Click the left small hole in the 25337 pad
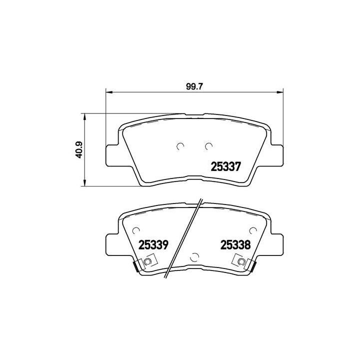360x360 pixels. point(181,146)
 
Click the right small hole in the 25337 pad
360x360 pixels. point(208,146)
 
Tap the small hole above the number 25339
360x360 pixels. point(135,229)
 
